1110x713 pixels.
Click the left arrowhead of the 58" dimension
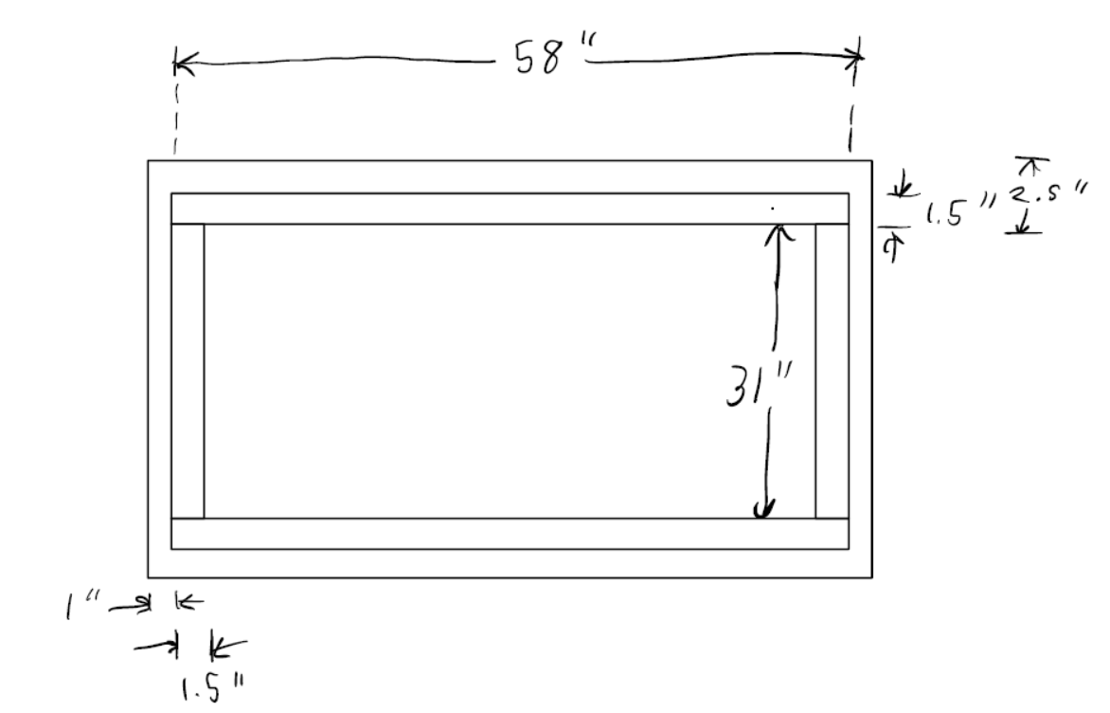(181, 65)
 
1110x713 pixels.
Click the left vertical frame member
(188, 371)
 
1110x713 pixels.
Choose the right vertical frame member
(832, 371)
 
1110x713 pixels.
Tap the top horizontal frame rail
(510, 209)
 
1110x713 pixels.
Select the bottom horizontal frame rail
(510, 534)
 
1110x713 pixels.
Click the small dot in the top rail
(773, 207)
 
